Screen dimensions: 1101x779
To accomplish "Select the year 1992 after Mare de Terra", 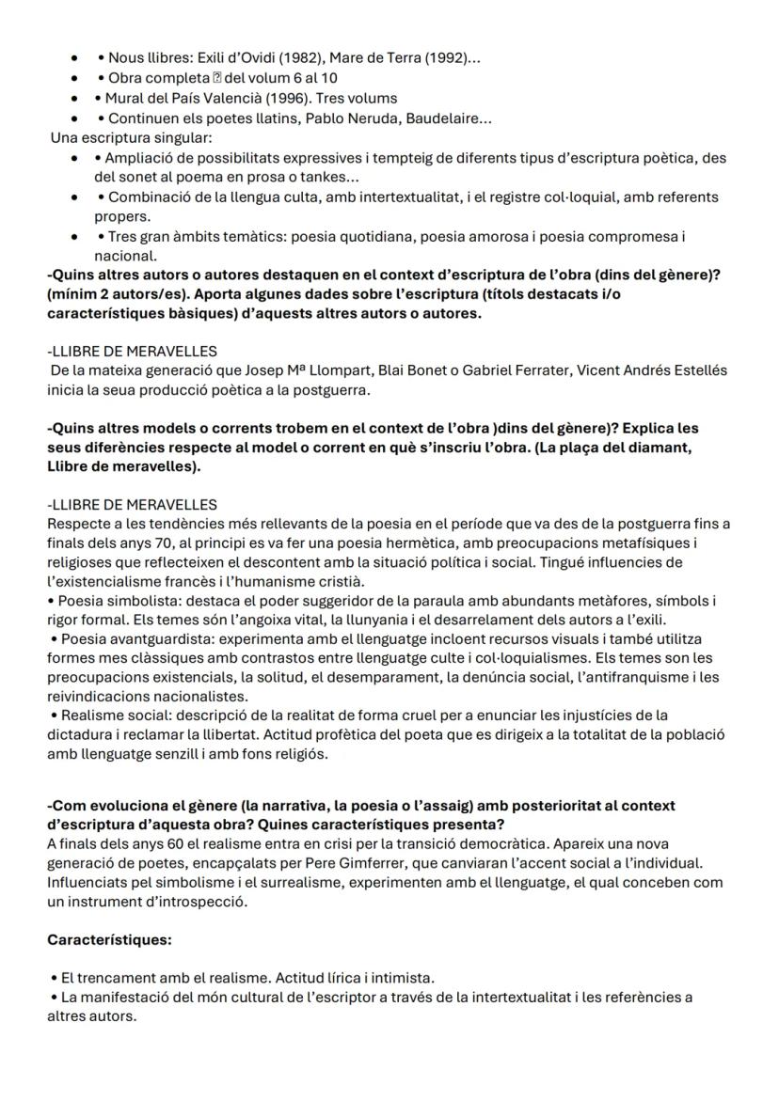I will (445, 58).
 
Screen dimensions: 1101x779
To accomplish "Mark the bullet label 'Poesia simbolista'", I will (109, 600).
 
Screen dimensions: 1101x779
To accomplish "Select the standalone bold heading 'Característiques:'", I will (109, 939).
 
